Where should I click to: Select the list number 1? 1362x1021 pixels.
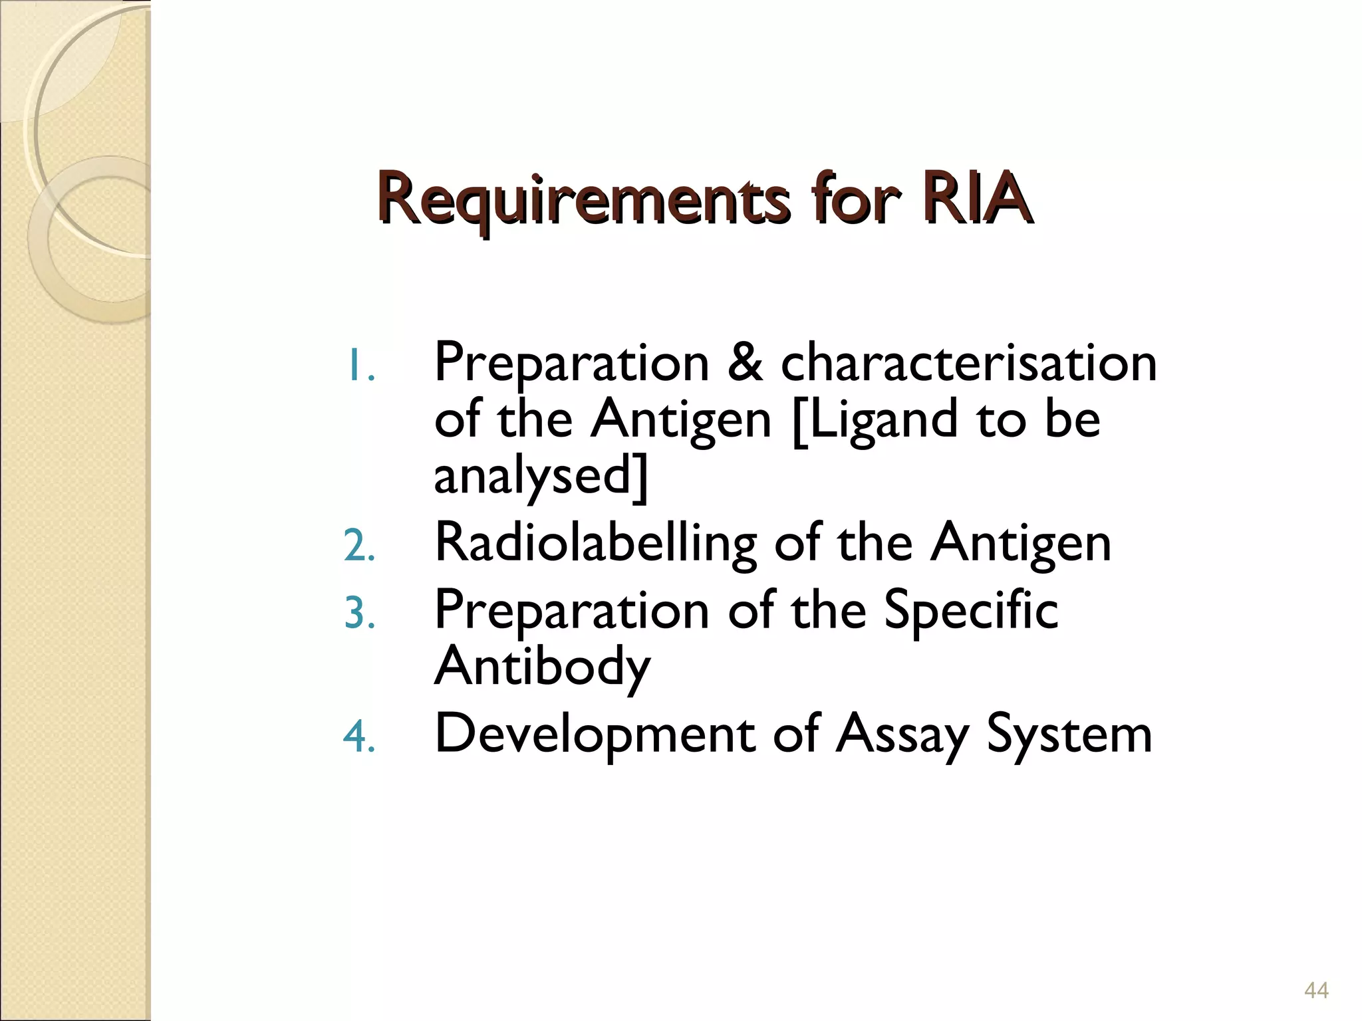(360, 367)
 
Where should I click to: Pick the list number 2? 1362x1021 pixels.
(360, 546)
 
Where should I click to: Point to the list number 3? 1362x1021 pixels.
(360, 613)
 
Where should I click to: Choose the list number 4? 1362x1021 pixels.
(360, 737)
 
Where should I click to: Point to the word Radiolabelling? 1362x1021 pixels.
(595, 544)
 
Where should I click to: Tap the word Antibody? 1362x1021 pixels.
(542, 667)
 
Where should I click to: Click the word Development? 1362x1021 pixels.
(595, 735)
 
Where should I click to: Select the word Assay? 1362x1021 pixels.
(902, 735)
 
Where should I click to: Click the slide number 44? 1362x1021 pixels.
(1316, 990)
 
